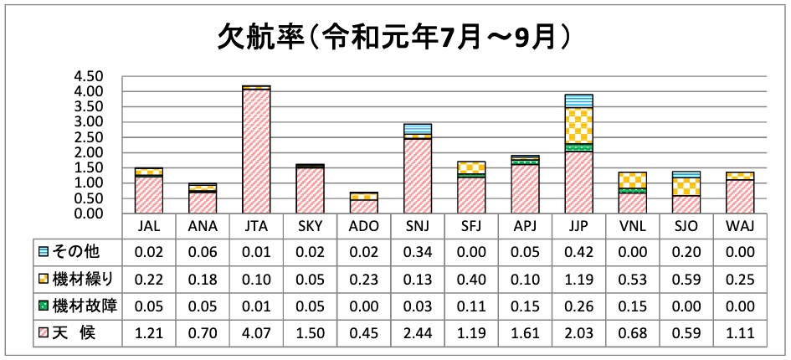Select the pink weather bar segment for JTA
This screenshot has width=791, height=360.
click(255, 151)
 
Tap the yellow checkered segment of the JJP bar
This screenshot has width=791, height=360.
click(579, 126)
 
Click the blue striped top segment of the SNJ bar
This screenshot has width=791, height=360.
click(418, 129)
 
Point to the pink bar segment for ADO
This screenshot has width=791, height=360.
click(363, 206)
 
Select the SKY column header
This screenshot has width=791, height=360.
click(310, 226)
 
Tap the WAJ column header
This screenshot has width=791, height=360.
click(741, 226)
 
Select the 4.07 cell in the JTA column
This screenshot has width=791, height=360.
click(255, 332)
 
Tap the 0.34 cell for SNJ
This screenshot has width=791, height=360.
click(418, 250)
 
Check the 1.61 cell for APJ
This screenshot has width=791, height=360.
click(525, 332)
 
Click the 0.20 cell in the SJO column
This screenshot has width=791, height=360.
click(687, 250)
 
